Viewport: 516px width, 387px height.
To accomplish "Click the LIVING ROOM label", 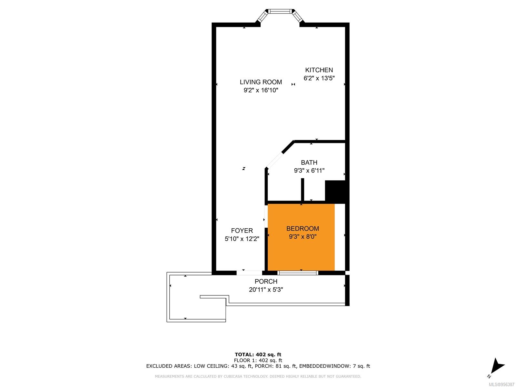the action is tap(261, 82).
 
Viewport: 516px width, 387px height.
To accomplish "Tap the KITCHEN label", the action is tap(319, 70).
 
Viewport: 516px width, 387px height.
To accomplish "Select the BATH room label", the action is tap(309, 163).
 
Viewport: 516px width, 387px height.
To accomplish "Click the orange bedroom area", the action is tap(301, 237).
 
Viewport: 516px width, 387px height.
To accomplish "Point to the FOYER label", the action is tap(242, 231).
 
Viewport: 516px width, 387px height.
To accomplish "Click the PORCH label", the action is tap(266, 281).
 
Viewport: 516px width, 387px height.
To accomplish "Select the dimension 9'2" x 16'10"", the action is tap(261, 90).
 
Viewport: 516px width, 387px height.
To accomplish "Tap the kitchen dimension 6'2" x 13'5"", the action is tap(319, 78).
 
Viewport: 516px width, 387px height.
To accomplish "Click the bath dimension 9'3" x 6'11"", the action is tap(309, 171).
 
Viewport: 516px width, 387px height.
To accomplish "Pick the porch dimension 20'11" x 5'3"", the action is tap(266, 290).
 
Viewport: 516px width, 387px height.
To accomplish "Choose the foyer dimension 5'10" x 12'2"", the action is tap(242, 239).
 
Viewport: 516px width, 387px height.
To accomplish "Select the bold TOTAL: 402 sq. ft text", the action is tap(258, 354).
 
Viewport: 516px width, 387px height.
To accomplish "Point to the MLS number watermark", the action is tap(502, 384).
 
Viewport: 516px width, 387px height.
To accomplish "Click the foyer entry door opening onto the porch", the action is tap(249, 273).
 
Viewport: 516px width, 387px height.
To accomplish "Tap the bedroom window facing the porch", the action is tap(298, 273).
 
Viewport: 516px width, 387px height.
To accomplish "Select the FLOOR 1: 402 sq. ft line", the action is tap(258, 361).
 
